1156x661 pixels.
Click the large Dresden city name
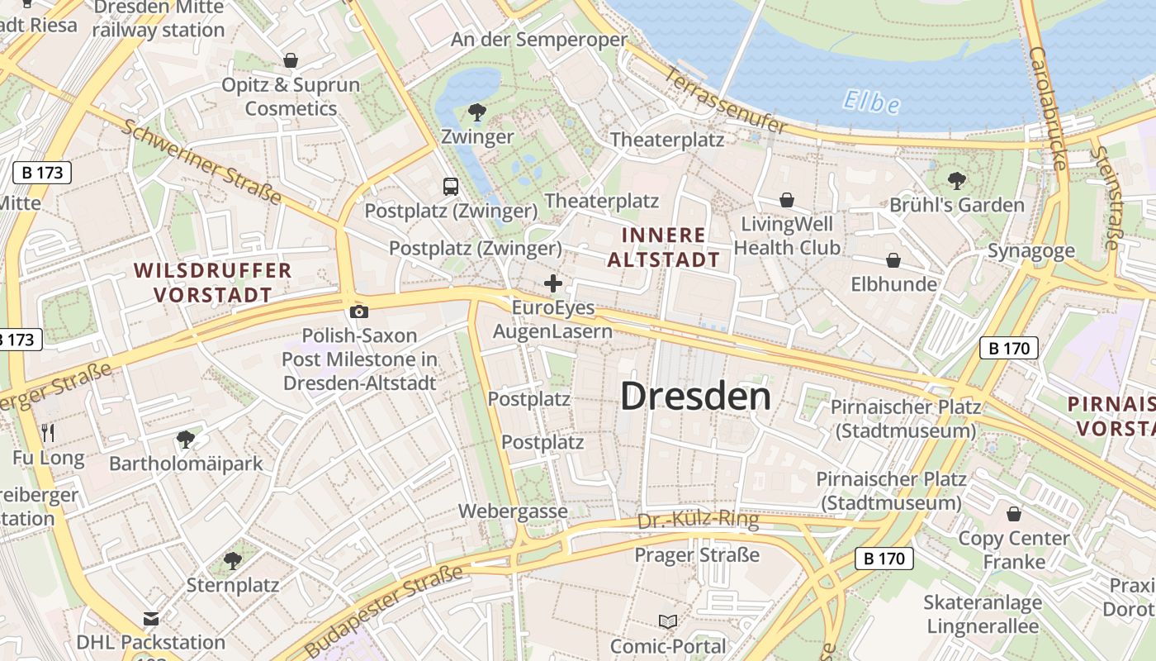(695, 397)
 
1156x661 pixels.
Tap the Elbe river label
(871, 102)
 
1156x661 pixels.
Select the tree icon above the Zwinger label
(476, 112)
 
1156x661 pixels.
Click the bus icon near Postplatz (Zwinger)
(451, 187)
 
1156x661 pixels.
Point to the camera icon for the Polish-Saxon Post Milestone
(358, 311)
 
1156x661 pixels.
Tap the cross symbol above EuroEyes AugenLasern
(553, 284)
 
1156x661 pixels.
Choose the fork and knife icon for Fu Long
(48, 432)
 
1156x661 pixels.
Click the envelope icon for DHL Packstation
(150, 618)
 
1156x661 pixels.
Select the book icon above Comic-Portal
(668, 621)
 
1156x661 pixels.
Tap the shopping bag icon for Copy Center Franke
(1013, 514)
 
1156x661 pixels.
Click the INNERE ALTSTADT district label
(664, 247)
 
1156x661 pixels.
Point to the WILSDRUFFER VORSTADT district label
(213, 283)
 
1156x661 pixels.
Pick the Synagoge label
(1031, 251)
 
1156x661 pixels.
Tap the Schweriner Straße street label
(202, 163)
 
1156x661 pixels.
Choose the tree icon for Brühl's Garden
(956, 180)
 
